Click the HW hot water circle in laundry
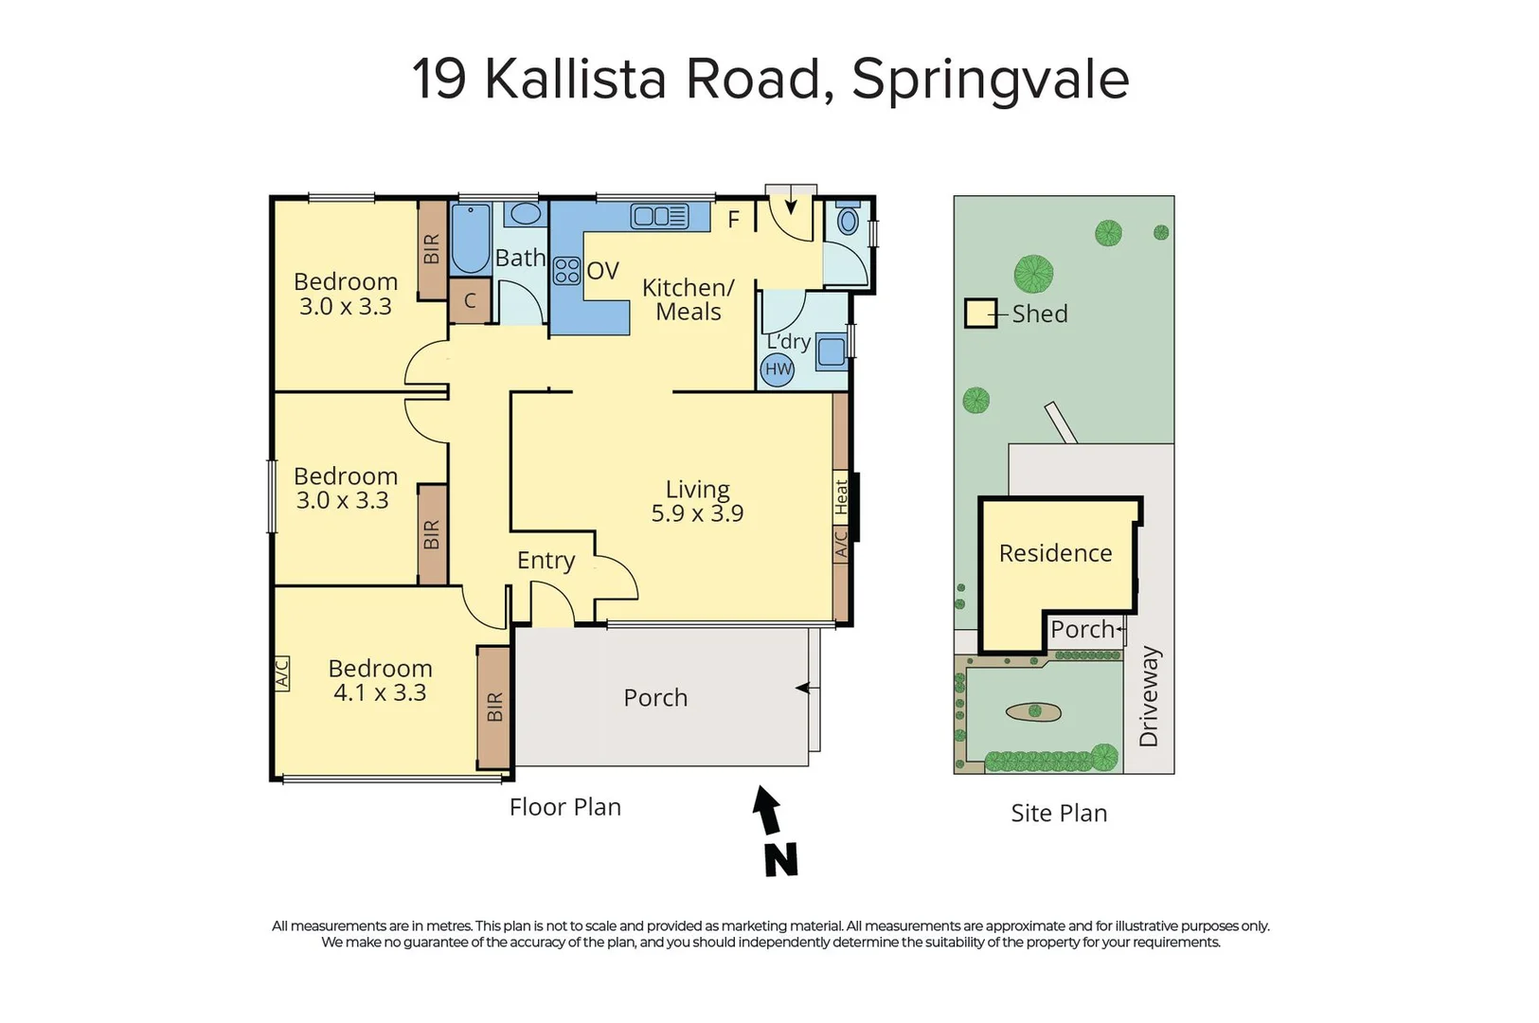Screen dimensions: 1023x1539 778,369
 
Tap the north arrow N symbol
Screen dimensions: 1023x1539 778,834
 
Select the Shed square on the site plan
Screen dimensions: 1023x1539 980,314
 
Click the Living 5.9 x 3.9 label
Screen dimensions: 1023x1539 697,501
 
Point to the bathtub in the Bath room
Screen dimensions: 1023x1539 470,239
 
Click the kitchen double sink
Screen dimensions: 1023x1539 659,217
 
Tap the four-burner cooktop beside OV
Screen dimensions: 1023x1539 567,271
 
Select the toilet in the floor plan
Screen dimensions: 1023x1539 848,222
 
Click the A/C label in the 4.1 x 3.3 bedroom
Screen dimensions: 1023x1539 281,673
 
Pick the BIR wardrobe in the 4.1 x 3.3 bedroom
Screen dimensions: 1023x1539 494,708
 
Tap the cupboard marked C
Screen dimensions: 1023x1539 470,301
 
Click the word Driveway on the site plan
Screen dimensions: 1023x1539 1149,696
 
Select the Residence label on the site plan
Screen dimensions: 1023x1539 1055,553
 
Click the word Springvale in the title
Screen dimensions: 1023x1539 990,79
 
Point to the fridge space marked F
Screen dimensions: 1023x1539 733,221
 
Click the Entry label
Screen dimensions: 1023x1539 546,560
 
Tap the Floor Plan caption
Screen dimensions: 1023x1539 564,807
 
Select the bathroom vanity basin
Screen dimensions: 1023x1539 524,213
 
